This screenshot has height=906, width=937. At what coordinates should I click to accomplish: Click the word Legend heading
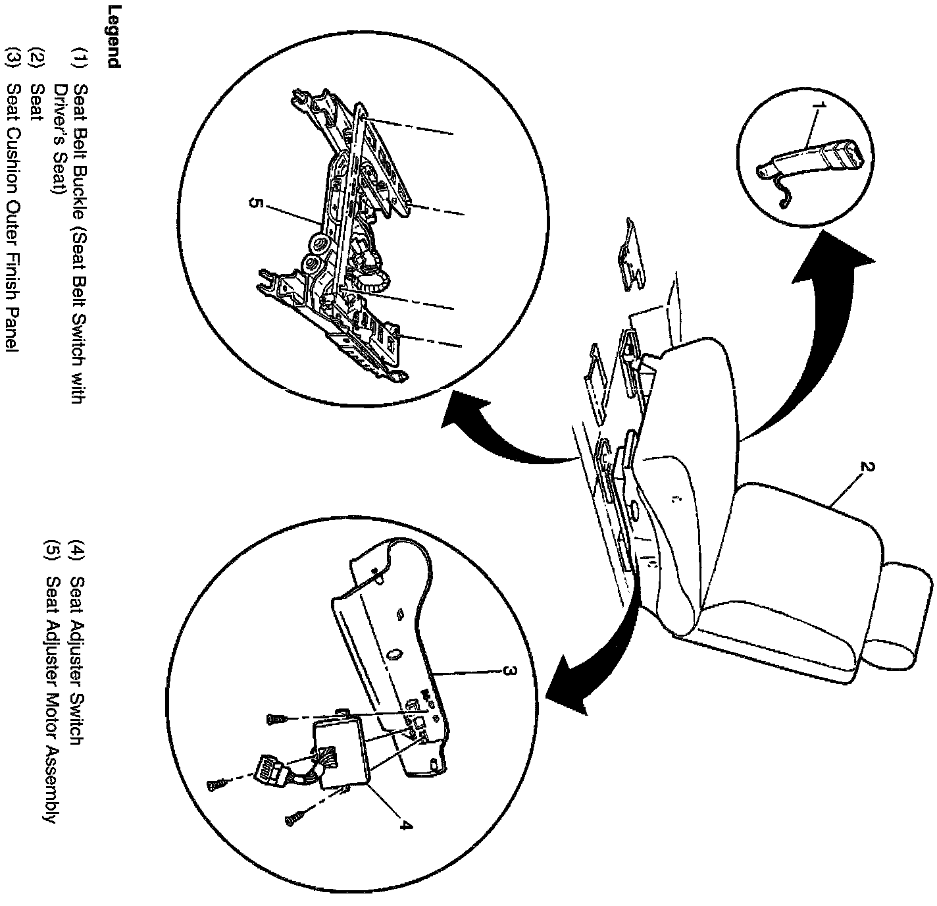click(x=113, y=37)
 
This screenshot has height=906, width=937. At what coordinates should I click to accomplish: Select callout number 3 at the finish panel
click(x=507, y=671)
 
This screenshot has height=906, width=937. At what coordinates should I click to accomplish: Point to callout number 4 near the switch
click(x=406, y=824)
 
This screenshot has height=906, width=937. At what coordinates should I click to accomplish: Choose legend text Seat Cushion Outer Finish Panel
click(x=11, y=217)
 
